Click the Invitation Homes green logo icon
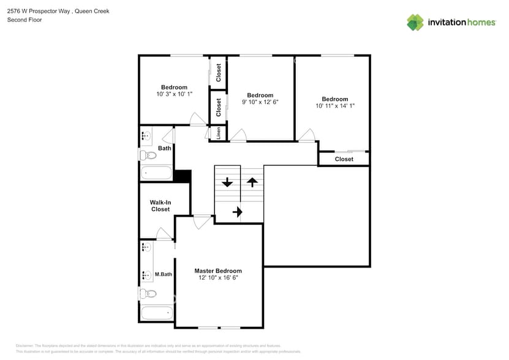(415, 22)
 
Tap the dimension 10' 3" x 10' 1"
(174, 94)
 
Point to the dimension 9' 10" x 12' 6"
(260, 102)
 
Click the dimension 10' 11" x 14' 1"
(335, 106)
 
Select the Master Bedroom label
(218, 271)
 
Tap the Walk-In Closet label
(160, 206)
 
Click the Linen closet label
(219, 133)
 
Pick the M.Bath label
(164, 274)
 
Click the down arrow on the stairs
(227, 182)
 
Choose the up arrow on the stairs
(252, 182)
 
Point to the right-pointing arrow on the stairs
(238, 212)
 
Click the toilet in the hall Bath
(148, 156)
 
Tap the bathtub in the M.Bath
(157, 314)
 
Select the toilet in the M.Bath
(148, 294)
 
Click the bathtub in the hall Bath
(157, 172)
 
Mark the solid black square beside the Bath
(183, 176)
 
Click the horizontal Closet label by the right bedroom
(344, 159)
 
